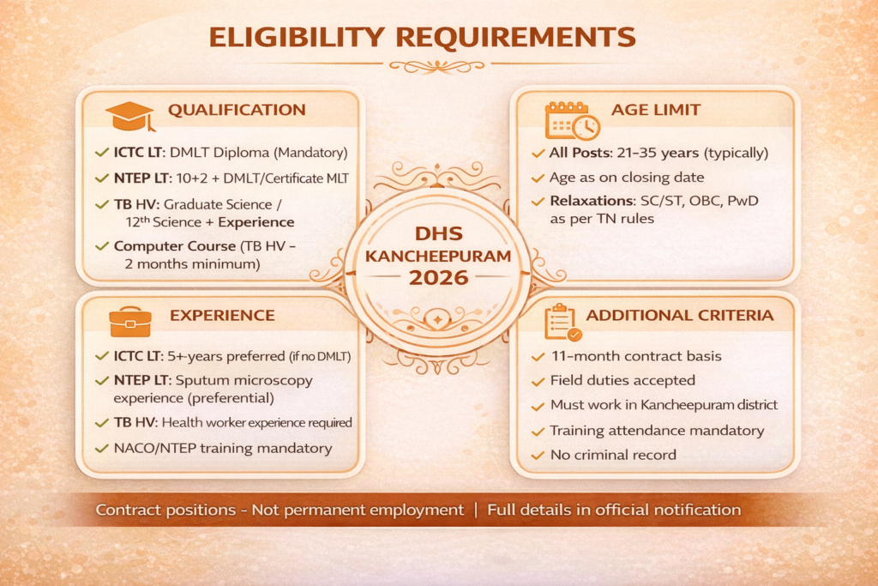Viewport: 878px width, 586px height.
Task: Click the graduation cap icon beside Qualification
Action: (x=129, y=116)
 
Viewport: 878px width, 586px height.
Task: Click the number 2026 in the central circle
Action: (x=438, y=278)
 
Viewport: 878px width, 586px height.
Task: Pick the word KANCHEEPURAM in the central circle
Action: (x=438, y=255)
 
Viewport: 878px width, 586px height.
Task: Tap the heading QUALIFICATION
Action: (x=237, y=110)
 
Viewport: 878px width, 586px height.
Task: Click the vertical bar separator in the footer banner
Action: (x=476, y=510)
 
